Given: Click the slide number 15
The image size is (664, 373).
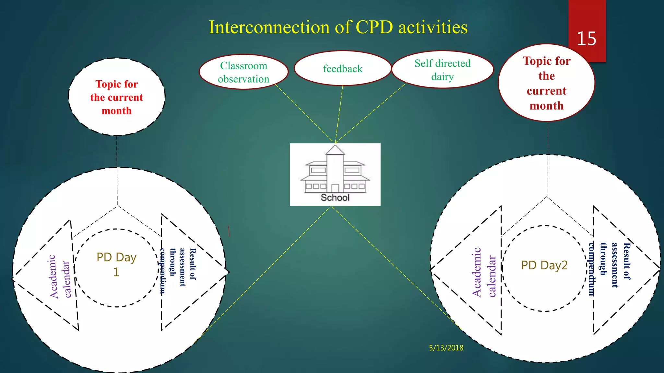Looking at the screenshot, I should pos(586,39).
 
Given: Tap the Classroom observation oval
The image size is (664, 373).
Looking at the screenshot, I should pos(243,72).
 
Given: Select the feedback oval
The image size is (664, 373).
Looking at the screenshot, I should pos(342,69).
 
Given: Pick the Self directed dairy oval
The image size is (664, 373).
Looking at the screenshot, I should pos(442,70).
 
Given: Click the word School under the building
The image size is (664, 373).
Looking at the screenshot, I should pos(335,198).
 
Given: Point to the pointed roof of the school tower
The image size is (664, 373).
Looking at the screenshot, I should pos(335,150).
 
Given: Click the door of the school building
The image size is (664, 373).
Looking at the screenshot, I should pos(335,188).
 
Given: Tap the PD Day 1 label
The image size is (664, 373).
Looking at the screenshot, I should pos(116,264).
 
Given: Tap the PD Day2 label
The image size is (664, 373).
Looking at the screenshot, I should pos(544,265).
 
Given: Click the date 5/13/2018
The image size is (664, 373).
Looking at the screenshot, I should pos(446,348).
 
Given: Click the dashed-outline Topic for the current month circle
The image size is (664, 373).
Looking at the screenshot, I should pos(117,97).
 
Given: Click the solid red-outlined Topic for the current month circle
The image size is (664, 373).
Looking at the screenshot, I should pos(546,83).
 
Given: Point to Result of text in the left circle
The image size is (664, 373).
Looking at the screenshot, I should pos(193,264).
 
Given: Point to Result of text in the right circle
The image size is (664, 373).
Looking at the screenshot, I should pos(626,261).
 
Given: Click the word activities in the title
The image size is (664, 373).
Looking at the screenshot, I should pos(433,27).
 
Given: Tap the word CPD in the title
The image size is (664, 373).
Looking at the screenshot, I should pos(374,27).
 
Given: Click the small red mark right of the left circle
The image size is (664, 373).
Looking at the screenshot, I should pos(229,231).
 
